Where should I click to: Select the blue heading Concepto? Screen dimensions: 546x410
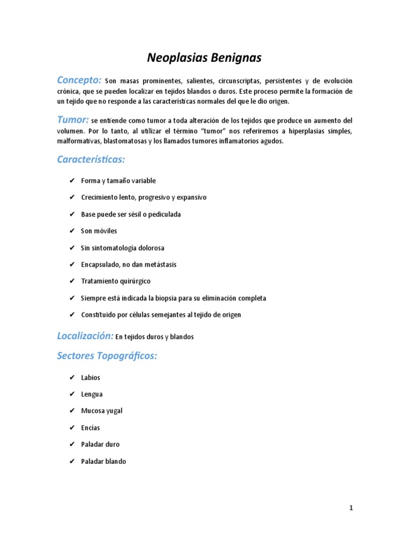78,81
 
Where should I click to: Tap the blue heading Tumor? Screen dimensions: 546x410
73,119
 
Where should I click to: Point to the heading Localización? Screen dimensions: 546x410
84,336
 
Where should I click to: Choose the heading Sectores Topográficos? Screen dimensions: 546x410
107,356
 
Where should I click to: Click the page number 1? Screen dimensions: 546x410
351,508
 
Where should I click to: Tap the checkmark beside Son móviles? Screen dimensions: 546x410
72,231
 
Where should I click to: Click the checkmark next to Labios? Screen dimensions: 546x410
72,378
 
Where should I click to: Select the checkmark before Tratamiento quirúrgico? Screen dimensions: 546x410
72,281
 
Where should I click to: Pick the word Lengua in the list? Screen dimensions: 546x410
92,395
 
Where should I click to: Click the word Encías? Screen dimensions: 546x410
90,428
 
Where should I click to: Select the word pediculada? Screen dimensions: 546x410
163,214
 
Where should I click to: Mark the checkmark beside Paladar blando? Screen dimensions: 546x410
72,461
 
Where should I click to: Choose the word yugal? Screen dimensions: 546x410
114,411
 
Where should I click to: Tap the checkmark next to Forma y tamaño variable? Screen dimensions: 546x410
72,181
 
